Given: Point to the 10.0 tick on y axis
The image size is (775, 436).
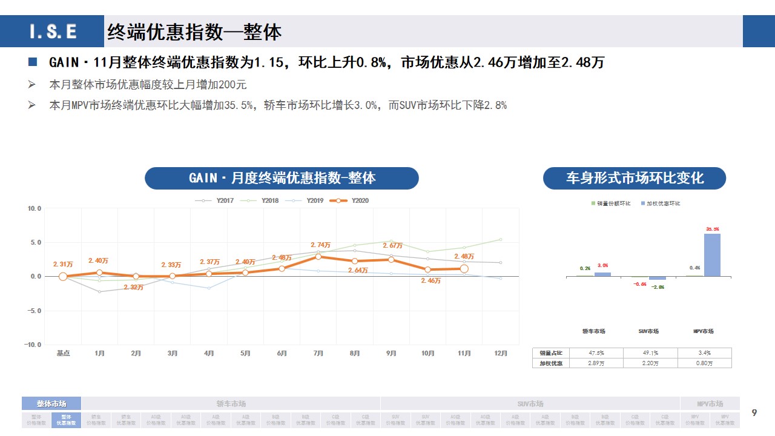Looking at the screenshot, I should [35, 208].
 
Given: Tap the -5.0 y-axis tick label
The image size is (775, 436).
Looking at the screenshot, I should [33, 311].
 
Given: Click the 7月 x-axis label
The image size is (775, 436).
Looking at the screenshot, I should [318, 354].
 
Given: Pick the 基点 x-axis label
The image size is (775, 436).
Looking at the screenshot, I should [63, 354].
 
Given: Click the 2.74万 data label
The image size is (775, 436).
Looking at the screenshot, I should [320, 245].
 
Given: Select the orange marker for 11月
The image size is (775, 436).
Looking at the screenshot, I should [464, 268].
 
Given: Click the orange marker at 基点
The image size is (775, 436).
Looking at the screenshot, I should [63, 277].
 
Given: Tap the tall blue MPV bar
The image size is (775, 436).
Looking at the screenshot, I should [712, 255].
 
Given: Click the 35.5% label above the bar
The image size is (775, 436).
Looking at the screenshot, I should [712, 229].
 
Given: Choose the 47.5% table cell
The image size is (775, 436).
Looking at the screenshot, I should [596, 352].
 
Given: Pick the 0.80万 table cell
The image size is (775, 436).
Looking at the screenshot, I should [704, 363].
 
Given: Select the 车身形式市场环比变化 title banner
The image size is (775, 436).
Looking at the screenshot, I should [634, 178].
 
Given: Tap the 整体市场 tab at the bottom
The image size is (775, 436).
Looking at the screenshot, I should [51, 404].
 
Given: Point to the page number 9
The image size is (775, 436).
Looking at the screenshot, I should [754, 413].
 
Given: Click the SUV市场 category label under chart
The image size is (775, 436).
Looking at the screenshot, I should [648, 331].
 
